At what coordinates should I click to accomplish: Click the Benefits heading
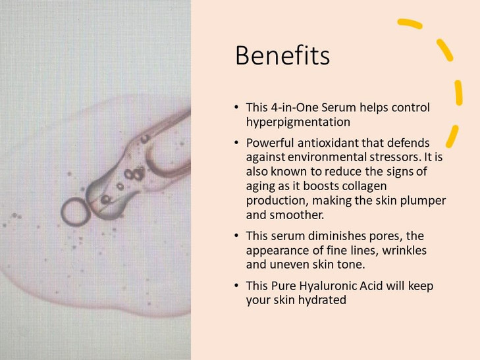tap(282, 56)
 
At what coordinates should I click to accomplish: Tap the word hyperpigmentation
tap(298, 122)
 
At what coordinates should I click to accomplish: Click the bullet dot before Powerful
tap(236, 143)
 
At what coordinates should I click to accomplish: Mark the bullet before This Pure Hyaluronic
tap(236, 286)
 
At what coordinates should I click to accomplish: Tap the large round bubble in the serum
tap(74, 211)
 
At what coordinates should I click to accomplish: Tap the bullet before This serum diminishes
tap(236, 236)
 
